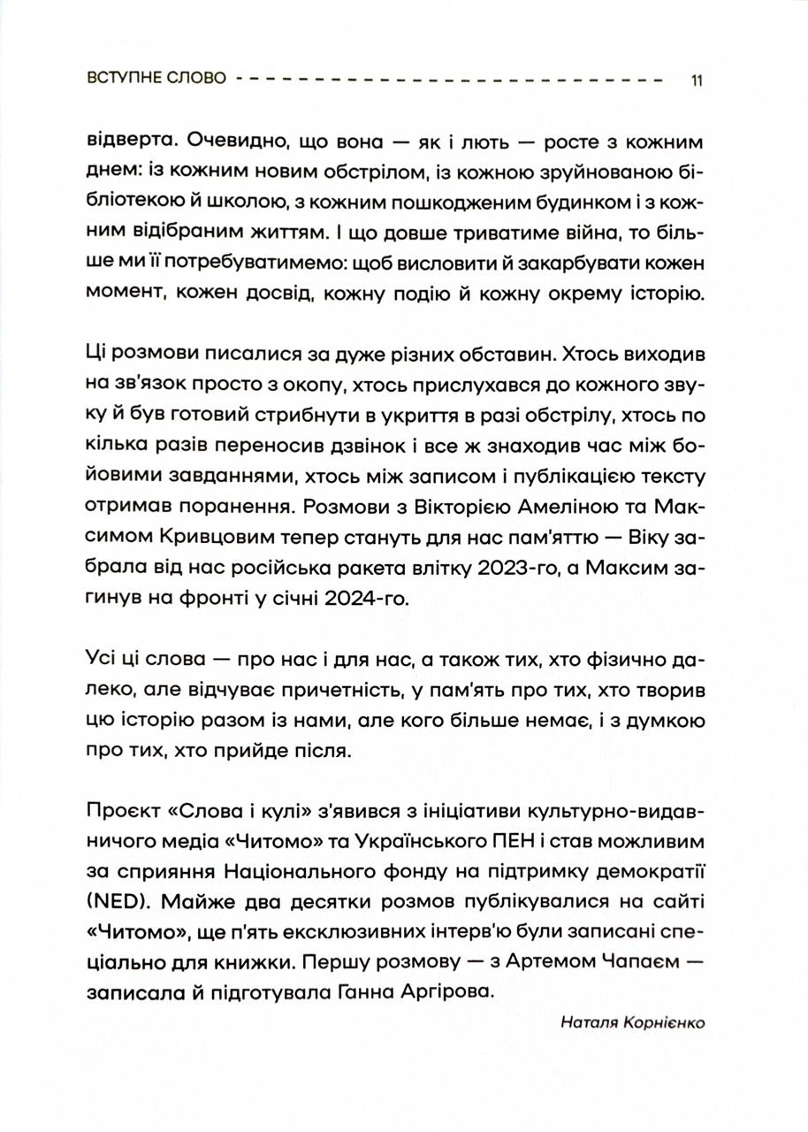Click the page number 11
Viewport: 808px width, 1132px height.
click(697, 80)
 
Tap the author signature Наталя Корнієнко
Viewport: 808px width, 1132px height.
click(633, 1022)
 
